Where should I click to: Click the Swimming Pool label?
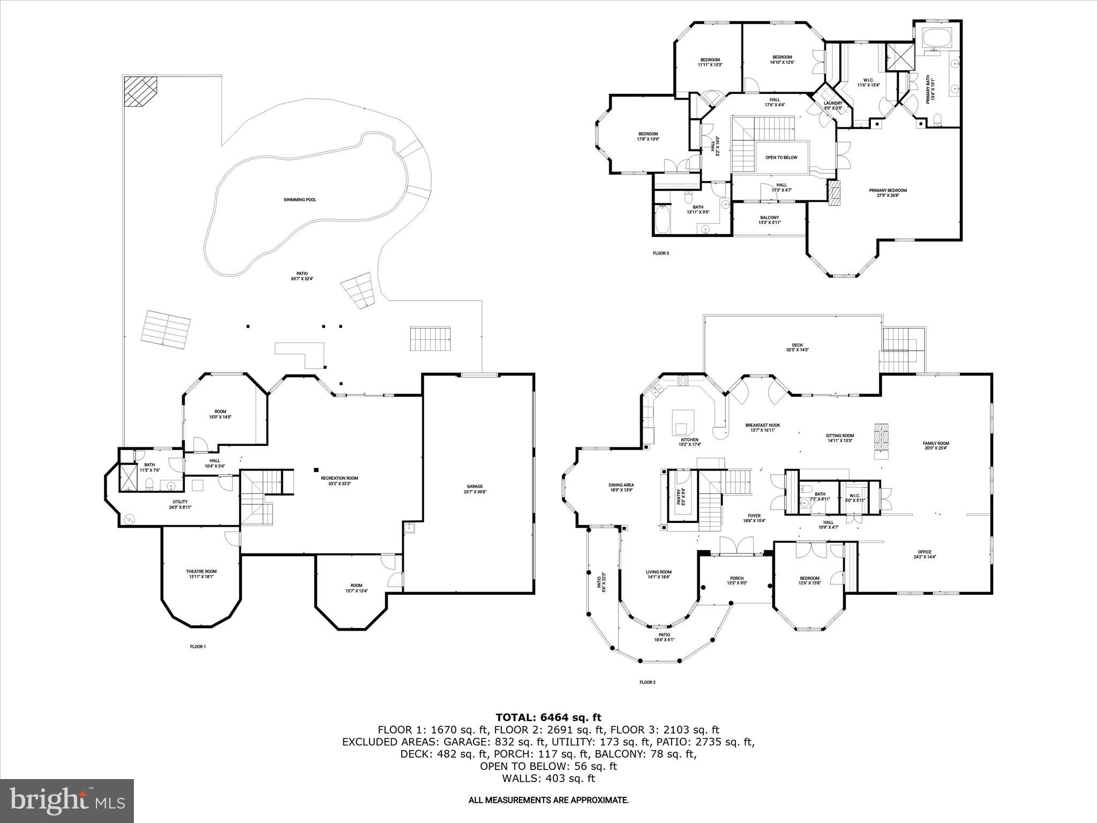pyautogui.click(x=299, y=200)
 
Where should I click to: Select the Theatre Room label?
pyautogui.click(x=201, y=574)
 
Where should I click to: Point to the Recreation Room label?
pyautogui.click(x=339, y=481)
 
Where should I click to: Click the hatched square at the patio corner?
pyautogui.click(x=140, y=92)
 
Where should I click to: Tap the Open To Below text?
pyautogui.click(x=781, y=158)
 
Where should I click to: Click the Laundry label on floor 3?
pyautogui.click(x=833, y=106)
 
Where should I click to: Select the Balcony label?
pyautogui.click(x=769, y=220)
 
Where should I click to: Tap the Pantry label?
pyautogui.click(x=680, y=497)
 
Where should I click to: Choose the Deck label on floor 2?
pyautogui.click(x=797, y=347)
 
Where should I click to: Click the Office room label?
pyautogui.click(x=925, y=554)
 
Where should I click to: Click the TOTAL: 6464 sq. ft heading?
pyautogui.click(x=548, y=717)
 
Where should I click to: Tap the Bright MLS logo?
pyautogui.click(x=67, y=800)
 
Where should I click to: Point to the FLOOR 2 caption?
pyautogui.click(x=647, y=683)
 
